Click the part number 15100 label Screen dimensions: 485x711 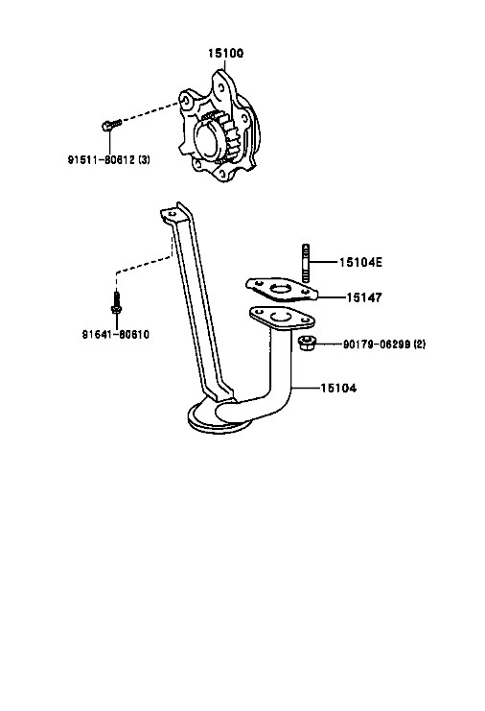point(225,53)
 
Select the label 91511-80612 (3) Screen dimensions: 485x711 point(109,159)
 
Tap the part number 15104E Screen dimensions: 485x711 point(360,262)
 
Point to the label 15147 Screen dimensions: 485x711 point(364,297)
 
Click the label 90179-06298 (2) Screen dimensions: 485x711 point(384,344)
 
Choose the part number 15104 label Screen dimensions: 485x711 point(338,388)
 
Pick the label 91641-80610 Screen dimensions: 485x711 point(115,334)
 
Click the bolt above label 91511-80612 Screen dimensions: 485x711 point(111,124)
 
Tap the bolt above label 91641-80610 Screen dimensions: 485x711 point(116,303)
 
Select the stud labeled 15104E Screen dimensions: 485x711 point(306,263)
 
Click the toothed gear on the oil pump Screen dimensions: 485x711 point(222,135)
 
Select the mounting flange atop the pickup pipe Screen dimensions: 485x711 point(281,318)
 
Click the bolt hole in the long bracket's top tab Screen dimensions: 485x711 point(172,213)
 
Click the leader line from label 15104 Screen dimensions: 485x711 point(306,388)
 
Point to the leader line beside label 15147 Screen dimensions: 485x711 point(332,297)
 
